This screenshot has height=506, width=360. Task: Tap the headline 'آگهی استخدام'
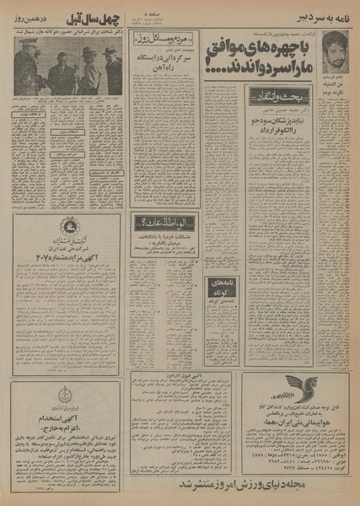[x=67, y=417]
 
